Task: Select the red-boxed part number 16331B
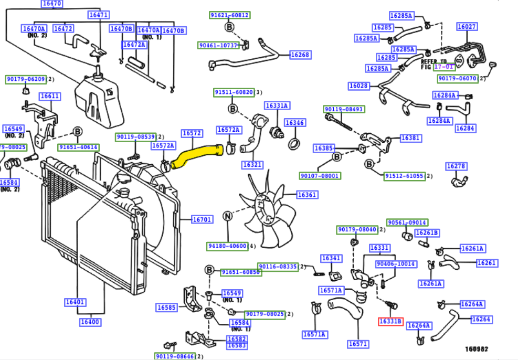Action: (x=390, y=321)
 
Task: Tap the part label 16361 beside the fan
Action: (x=307, y=195)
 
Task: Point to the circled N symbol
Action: (x=227, y=216)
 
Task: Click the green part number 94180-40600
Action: (x=227, y=246)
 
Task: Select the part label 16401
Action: (x=76, y=302)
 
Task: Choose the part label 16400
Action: (x=91, y=322)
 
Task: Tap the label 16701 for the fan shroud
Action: (x=202, y=219)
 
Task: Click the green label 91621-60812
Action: (x=229, y=15)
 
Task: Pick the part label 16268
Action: (x=300, y=55)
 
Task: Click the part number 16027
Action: (x=467, y=27)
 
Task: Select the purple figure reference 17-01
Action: (x=445, y=67)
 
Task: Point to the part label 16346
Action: (x=294, y=123)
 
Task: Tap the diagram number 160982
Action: (x=476, y=348)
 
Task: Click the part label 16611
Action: (x=50, y=97)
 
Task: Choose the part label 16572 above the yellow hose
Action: (x=192, y=133)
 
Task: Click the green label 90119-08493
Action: (x=344, y=109)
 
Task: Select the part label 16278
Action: (x=456, y=166)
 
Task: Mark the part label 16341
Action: (x=331, y=258)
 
